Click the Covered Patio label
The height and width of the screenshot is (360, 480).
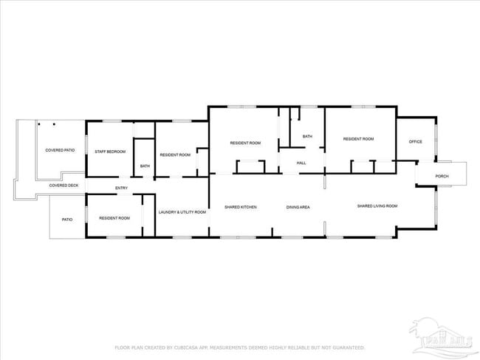coord(60,150)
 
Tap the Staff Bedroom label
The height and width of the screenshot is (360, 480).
coord(110,152)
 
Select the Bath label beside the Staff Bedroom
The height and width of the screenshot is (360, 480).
coord(145,166)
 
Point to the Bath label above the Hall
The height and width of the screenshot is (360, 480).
coord(307,136)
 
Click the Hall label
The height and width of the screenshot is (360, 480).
coord(301,163)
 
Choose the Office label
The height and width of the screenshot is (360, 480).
coord(416,141)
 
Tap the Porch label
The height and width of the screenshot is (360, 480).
coord(442,176)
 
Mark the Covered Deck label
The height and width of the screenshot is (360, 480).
coord(64,186)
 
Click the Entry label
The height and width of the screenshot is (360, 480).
coord(122,189)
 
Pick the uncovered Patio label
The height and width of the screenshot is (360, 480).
coord(67,219)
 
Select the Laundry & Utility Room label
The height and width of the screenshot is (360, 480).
coord(182,212)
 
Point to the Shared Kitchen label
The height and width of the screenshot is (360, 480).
coord(241,207)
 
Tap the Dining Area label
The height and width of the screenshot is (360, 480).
coord(298,207)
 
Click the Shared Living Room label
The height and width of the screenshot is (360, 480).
coord(377,206)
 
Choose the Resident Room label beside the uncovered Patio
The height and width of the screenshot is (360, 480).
coord(114,218)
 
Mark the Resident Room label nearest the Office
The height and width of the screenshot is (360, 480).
coord(358,139)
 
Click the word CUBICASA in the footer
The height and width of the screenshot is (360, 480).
coord(190,347)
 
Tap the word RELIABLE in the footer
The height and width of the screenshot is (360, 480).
coord(289,347)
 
